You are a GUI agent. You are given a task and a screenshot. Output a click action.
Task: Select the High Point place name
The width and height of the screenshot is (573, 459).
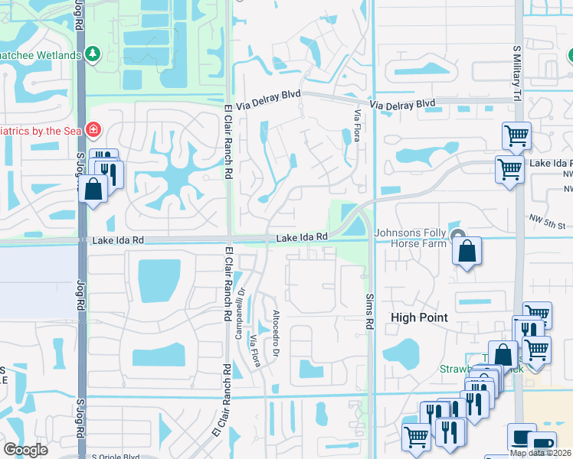pos(419,317)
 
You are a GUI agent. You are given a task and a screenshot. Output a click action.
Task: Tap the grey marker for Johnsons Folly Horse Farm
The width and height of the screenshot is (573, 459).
pos(458,235)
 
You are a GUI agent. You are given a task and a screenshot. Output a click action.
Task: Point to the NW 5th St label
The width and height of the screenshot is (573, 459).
pos(546,226)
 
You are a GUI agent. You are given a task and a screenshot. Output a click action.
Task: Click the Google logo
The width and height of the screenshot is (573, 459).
pos(25,450)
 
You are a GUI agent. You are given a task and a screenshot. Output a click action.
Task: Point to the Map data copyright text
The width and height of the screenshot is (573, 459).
pos(541,453)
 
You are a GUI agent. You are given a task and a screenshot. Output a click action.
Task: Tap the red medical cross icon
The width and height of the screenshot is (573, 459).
pos(93,130)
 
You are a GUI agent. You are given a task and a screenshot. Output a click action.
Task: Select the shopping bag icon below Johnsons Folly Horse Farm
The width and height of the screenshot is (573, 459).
pos(466,250)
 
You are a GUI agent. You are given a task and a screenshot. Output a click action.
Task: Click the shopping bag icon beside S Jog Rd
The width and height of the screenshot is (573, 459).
pos(93,187)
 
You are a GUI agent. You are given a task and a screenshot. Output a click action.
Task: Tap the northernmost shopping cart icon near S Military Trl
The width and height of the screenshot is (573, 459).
pos(516,135)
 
